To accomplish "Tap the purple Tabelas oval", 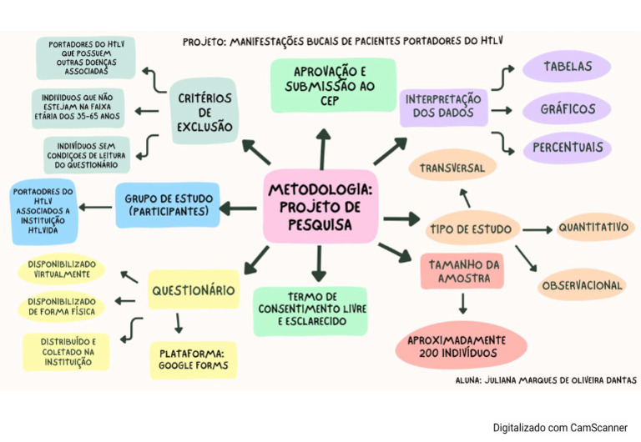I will [x=568, y=67].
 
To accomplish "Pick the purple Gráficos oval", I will [x=568, y=109].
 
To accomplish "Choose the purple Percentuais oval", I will [x=568, y=148].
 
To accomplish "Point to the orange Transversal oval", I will [x=453, y=168].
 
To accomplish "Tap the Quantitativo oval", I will [x=593, y=227].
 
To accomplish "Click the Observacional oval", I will [x=582, y=285].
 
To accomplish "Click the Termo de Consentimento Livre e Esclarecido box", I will [x=315, y=309].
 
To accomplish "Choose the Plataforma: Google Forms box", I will [x=193, y=359].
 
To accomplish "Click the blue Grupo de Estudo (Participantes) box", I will [x=169, y=205].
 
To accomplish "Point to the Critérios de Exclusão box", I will [x=204, y=113].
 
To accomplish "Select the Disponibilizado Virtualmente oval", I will [x=61, y=269].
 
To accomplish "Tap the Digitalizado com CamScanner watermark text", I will [x=559, y=427].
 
